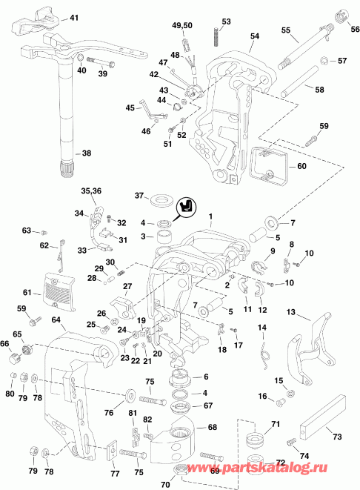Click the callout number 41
point(73,16)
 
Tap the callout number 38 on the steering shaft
point(87,153)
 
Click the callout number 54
point(255,36)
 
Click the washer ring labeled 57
point(323,59)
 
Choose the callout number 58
point(320,89)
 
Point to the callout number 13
point(291,313)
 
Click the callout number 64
point(56,320)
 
